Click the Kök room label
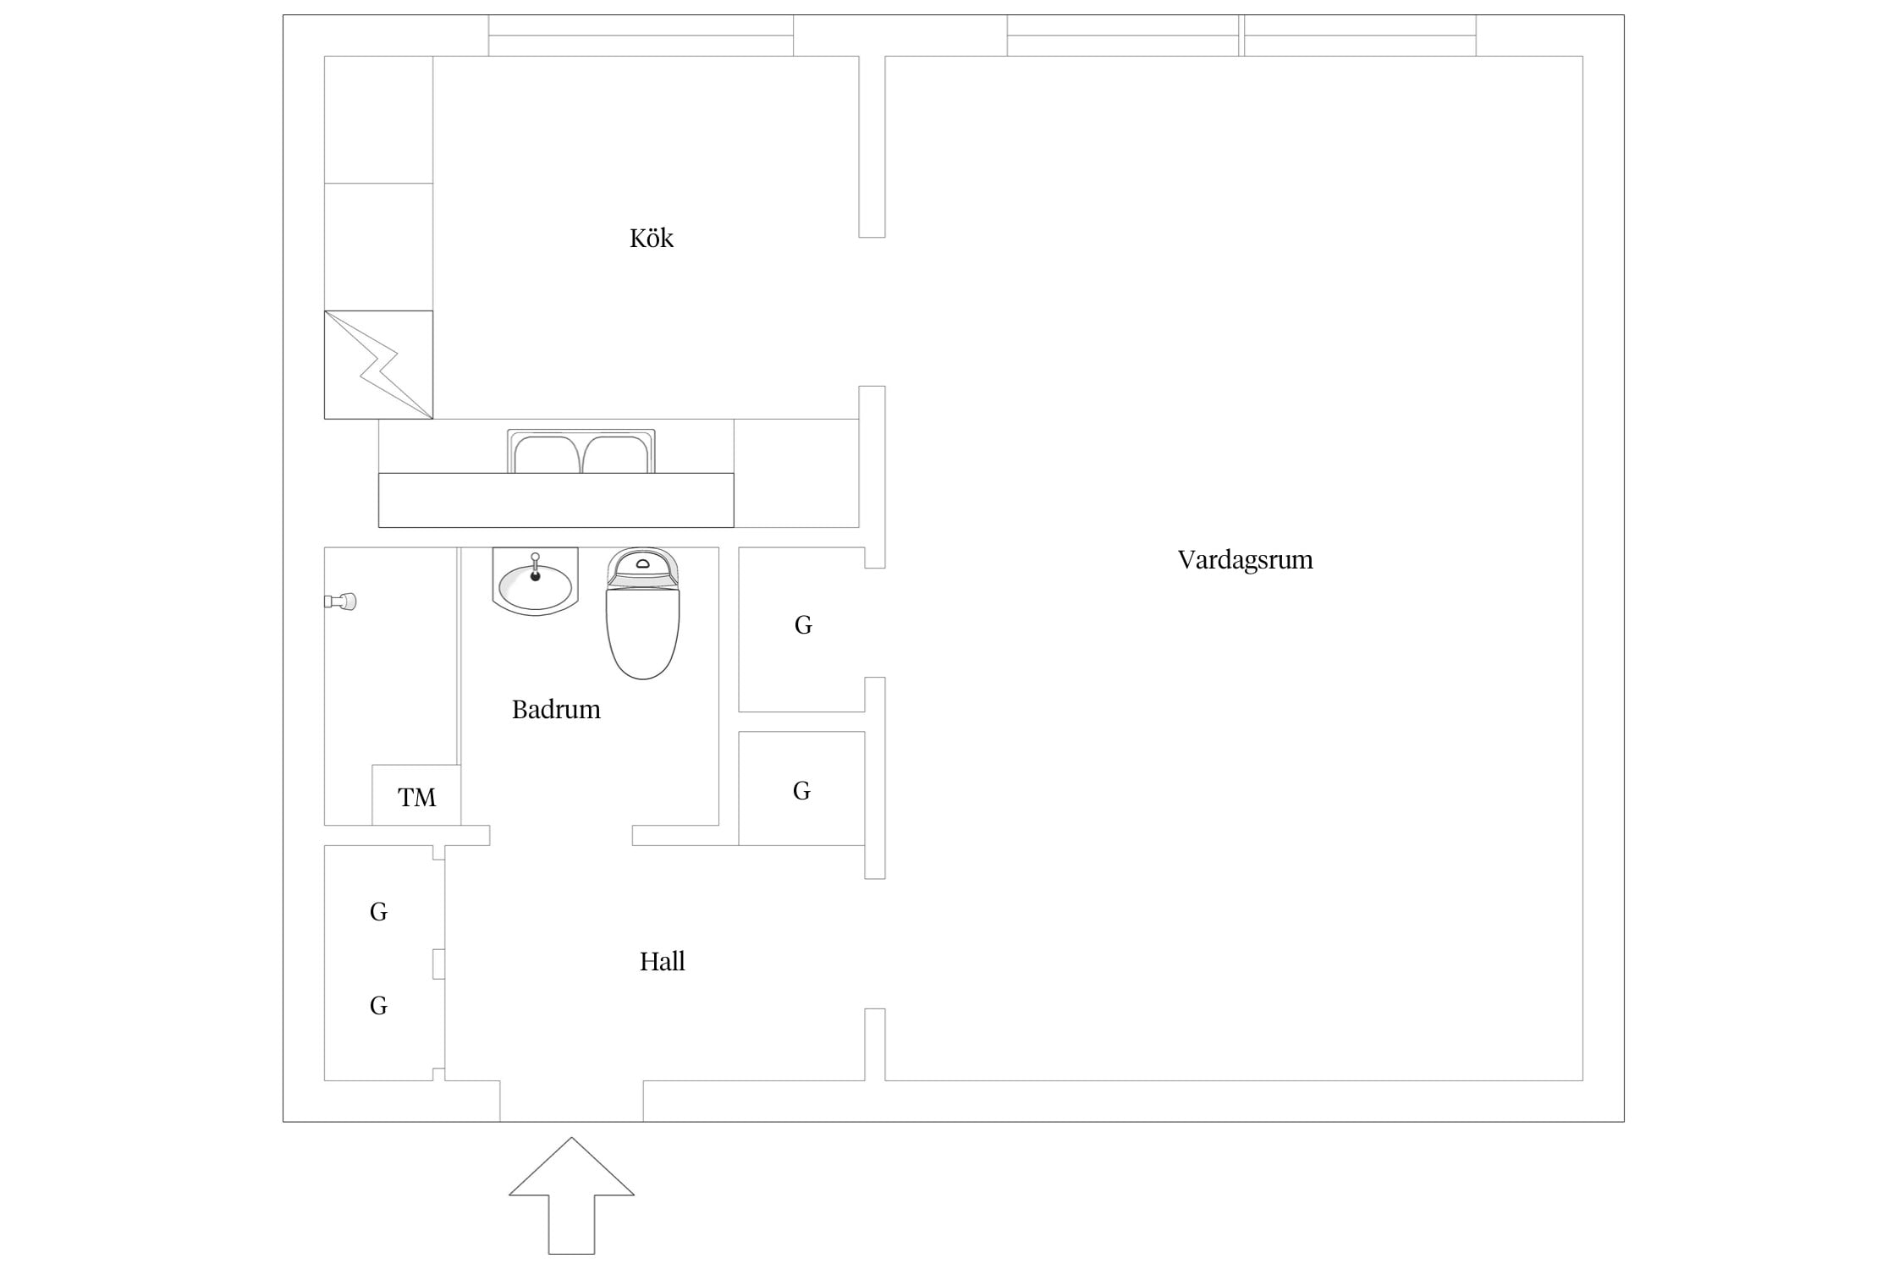click(x=651, y=238)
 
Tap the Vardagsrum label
click(x=1245, y=559)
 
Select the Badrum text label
click(x=556, y=709)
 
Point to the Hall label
click(x=662, y=961)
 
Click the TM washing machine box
click(x=416, y=795)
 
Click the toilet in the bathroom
click(x=643, y=613)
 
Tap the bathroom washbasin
click(x=535, y=581)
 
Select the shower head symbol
click(x=340, y=602)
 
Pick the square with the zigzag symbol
click(x=378, y=365)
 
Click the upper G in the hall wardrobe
click(x=378, y=912)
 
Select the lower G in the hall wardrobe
click(x=378, y=1006)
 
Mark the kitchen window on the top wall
click(x=641, y=36)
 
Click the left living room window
click(x=1123, y=36)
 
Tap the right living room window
click(x=1360, y=36)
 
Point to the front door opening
click(x=571, y=1101)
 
